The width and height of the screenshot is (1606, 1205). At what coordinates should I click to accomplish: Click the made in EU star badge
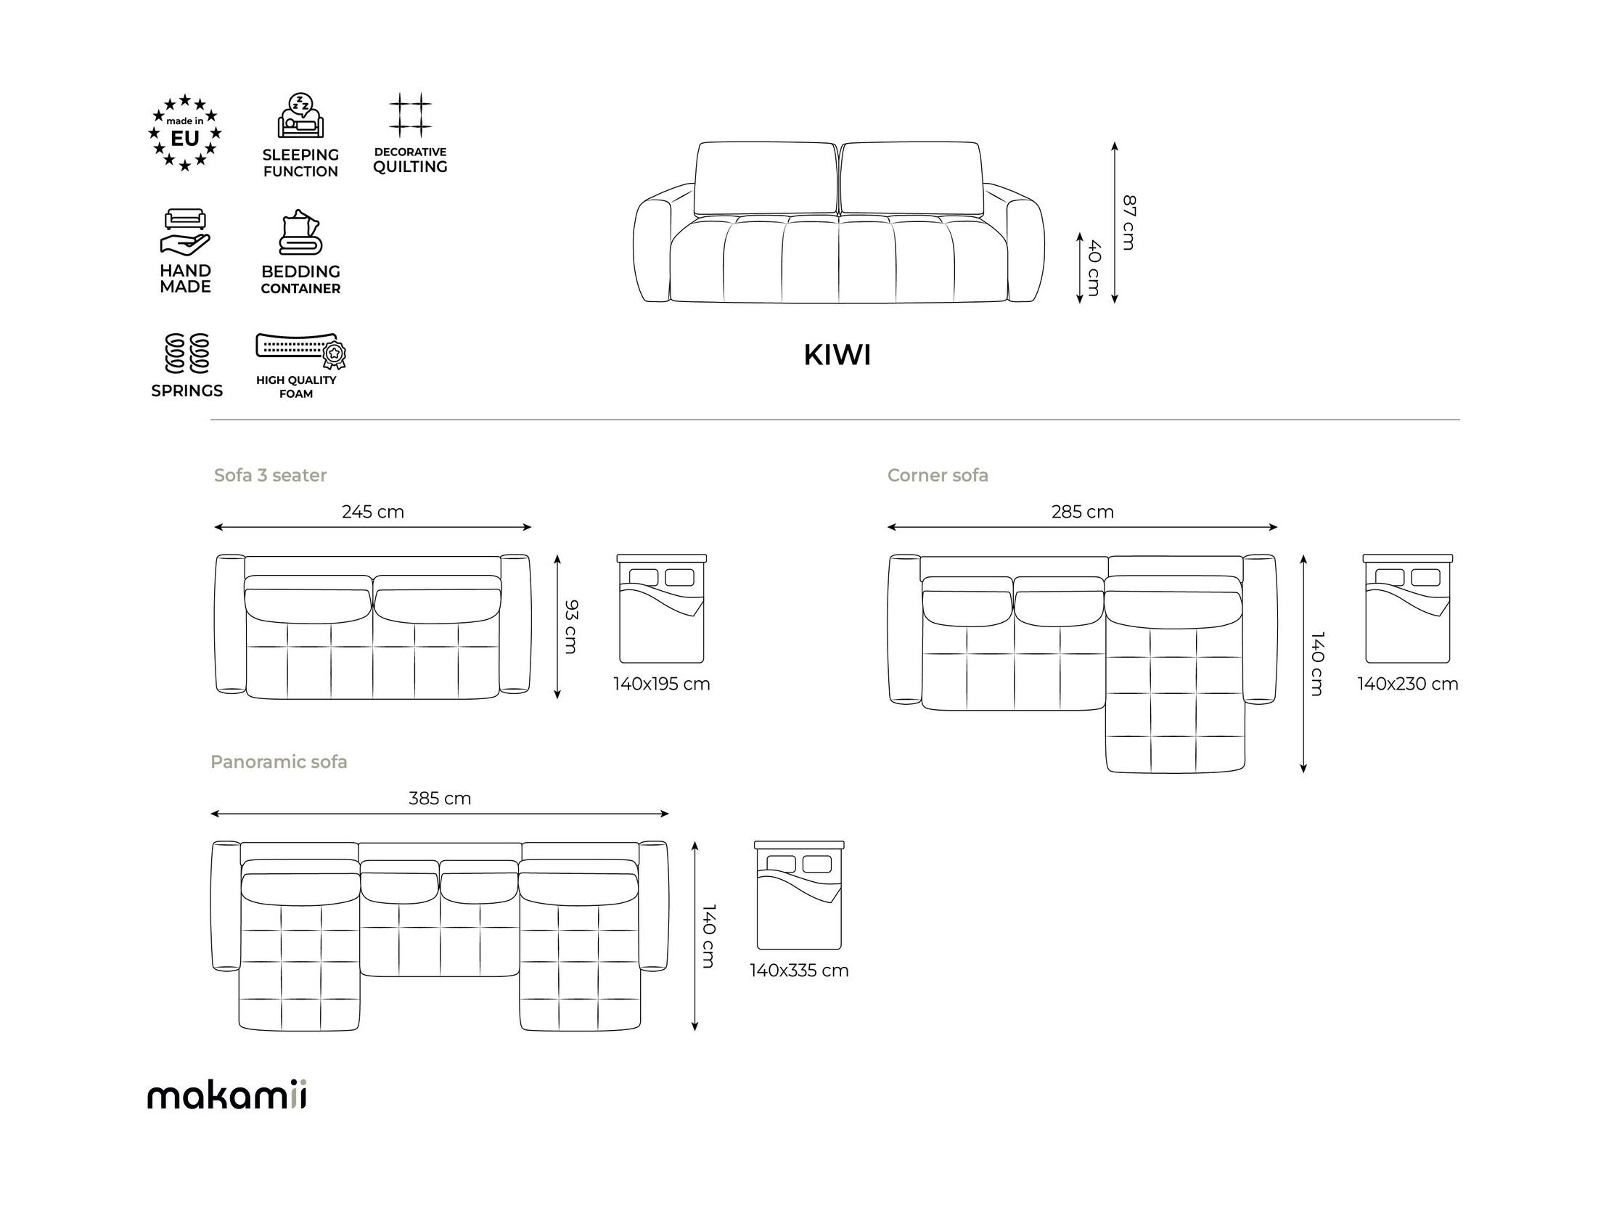point(185,133)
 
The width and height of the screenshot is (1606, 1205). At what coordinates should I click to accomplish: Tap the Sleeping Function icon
point(300,115)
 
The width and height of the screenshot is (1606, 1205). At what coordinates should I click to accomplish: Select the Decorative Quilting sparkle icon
point(410,115)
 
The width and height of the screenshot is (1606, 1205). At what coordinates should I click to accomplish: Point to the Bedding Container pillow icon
point(300,232)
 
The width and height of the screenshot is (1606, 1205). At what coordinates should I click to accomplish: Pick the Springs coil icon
point(187,354)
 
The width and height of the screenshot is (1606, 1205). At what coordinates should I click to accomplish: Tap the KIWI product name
point(837,355)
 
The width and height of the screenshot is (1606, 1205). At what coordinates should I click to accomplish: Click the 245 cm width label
point(372,512)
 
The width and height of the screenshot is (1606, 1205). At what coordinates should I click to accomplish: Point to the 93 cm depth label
point(570,627)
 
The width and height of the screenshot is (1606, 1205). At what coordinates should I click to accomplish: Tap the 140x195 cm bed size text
point(661,685)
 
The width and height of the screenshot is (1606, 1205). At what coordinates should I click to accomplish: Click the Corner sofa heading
point(938,475)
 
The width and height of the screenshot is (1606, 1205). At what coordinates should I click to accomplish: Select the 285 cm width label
point(1083,512)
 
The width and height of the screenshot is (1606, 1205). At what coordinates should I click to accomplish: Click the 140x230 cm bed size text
point(1408,685)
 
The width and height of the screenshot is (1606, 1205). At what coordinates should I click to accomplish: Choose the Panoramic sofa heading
point(279,762)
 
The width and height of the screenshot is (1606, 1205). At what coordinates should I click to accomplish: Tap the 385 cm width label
point(440,799)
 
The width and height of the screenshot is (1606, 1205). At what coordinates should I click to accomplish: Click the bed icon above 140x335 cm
point(799,896)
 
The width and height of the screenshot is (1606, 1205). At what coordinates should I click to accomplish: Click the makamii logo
point(226,1095)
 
